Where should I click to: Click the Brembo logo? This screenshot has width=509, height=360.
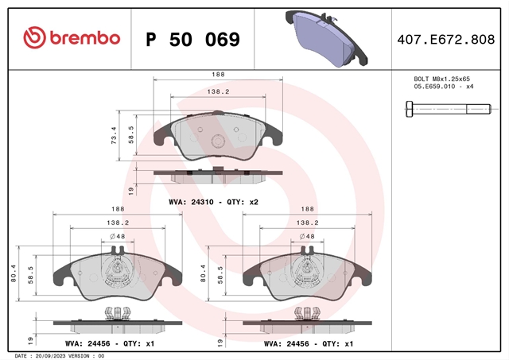(72, 38)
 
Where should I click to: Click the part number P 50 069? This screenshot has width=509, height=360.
(192, 40)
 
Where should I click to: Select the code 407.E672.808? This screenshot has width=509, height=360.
(446, 40)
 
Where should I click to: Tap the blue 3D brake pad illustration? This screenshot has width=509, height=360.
(326, 39)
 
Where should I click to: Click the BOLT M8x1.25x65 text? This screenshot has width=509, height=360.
(442, 79)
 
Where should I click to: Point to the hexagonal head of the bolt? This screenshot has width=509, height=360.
(410, 109)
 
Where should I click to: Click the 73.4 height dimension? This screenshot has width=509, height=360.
(114, 135)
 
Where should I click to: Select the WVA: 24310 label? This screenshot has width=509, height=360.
(191, 202)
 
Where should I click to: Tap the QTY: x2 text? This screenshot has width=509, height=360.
(243, 202)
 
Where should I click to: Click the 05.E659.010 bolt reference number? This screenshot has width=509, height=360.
(434, 87)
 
